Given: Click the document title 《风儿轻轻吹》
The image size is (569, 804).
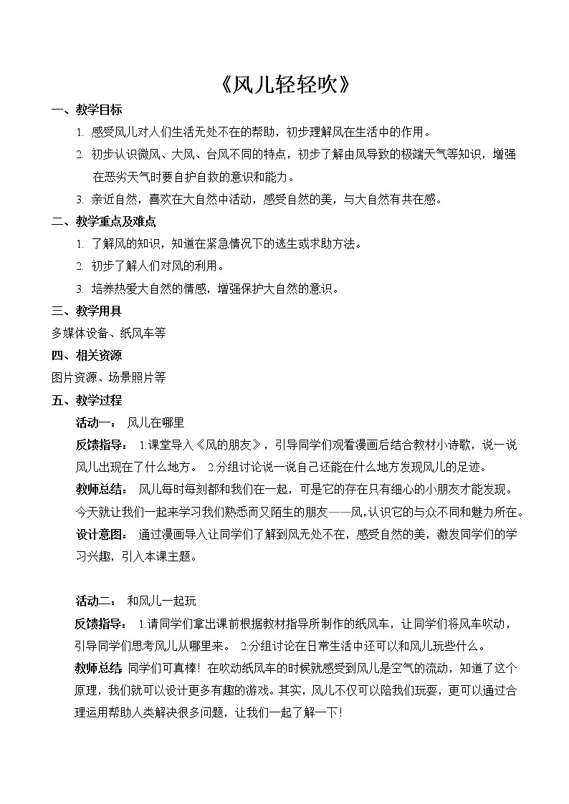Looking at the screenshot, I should pyautogui.click(x=284, y=85).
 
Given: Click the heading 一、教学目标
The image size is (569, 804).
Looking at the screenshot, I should pyautogui.click(x=87, y=110).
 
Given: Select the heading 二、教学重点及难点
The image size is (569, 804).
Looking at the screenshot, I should pyautogui.click(x=104, y=222).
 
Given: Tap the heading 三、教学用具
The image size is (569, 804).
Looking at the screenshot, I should pyautogui.click(x=87, y=311).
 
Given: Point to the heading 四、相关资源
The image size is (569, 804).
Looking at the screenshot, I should pyautogui.click(x=87, y=355).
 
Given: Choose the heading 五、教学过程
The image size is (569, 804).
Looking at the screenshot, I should pyautogui.click(x=87, y=399).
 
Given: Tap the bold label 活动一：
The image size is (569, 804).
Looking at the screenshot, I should pyautogui.click(x=96, y=422).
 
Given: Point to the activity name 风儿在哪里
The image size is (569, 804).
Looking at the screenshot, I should pyautogui.click(x=156, y=422).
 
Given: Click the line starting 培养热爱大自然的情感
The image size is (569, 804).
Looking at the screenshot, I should pyautogui.click(x=216, y=289).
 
